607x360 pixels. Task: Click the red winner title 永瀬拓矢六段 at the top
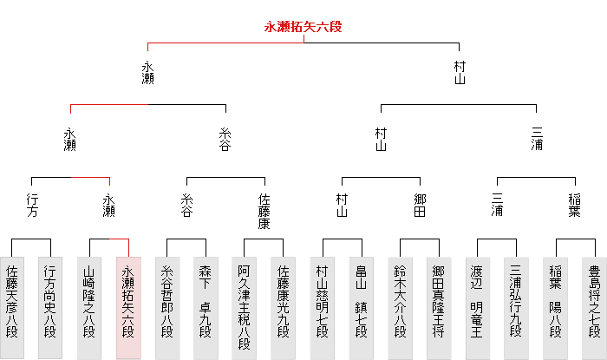pyautogui.click(x=303, y=27)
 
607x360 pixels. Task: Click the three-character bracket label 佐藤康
pyautogui.click(x=265, y=211)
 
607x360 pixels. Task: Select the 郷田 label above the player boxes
pyautogui.click(x=421, y=206)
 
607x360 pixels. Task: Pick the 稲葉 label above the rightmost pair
pyautogui.click(x=576, y=206)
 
